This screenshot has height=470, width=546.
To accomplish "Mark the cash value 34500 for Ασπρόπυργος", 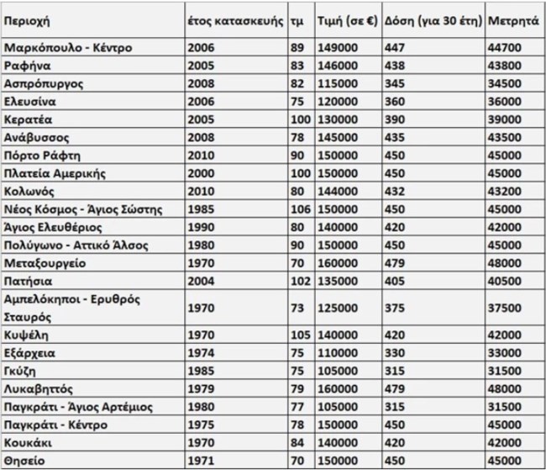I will pyautogui.click(x=503, y=83).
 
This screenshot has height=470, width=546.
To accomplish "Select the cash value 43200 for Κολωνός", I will pyautogui.click(x=503, y=192).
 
